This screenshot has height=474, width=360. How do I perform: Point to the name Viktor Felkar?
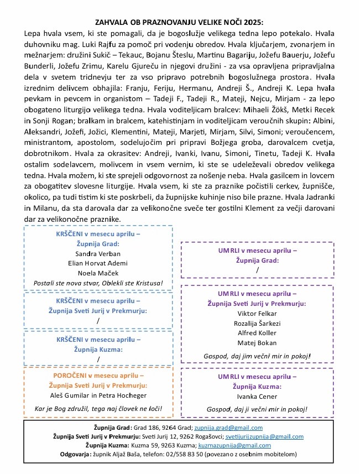pyautogui.click(x=257, y=313)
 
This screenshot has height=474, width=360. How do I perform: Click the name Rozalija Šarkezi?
pyautogui.click(x=257, y=323)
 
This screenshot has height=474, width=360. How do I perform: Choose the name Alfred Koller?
pyautogui.click(x=257, y=333)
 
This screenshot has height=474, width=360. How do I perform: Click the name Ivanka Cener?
pyautogui.click(x=257, y=396)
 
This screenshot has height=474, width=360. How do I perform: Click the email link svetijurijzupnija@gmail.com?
pyautogui.click(x=258, y=436)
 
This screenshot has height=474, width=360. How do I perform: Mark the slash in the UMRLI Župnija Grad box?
pyautogui.click(x=257, y=269)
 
